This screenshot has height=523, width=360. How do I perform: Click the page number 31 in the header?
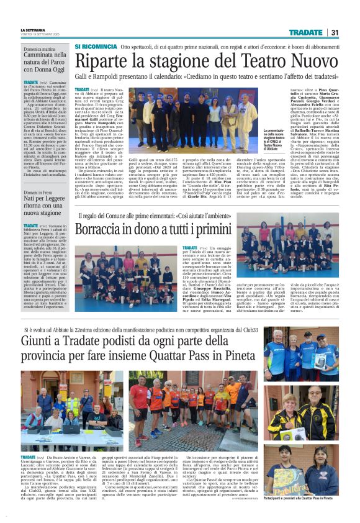(334, 32)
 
